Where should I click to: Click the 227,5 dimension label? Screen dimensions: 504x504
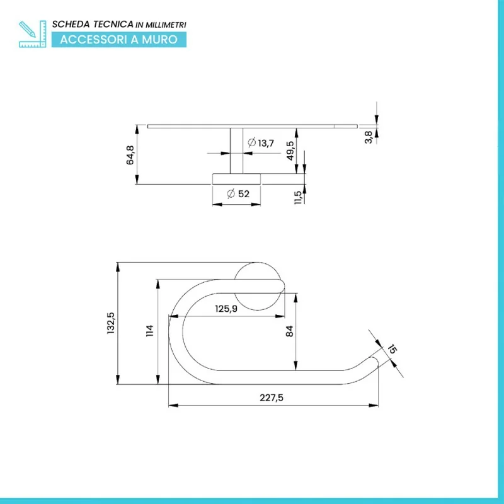click(272, 398)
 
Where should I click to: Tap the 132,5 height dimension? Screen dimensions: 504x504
click(111, 323)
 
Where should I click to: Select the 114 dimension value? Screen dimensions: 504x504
click(150, 330)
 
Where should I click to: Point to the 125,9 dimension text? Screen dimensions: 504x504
click(226, 309)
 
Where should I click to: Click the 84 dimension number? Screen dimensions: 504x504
click(289, 331)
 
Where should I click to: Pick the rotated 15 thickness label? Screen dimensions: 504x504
click(392, 349)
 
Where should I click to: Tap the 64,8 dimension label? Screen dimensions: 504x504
click(130, 155)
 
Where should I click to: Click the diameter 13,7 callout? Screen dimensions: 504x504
click(261, 142)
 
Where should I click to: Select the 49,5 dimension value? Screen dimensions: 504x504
click(290, 151)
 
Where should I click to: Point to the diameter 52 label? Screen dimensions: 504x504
click(238, 194)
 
